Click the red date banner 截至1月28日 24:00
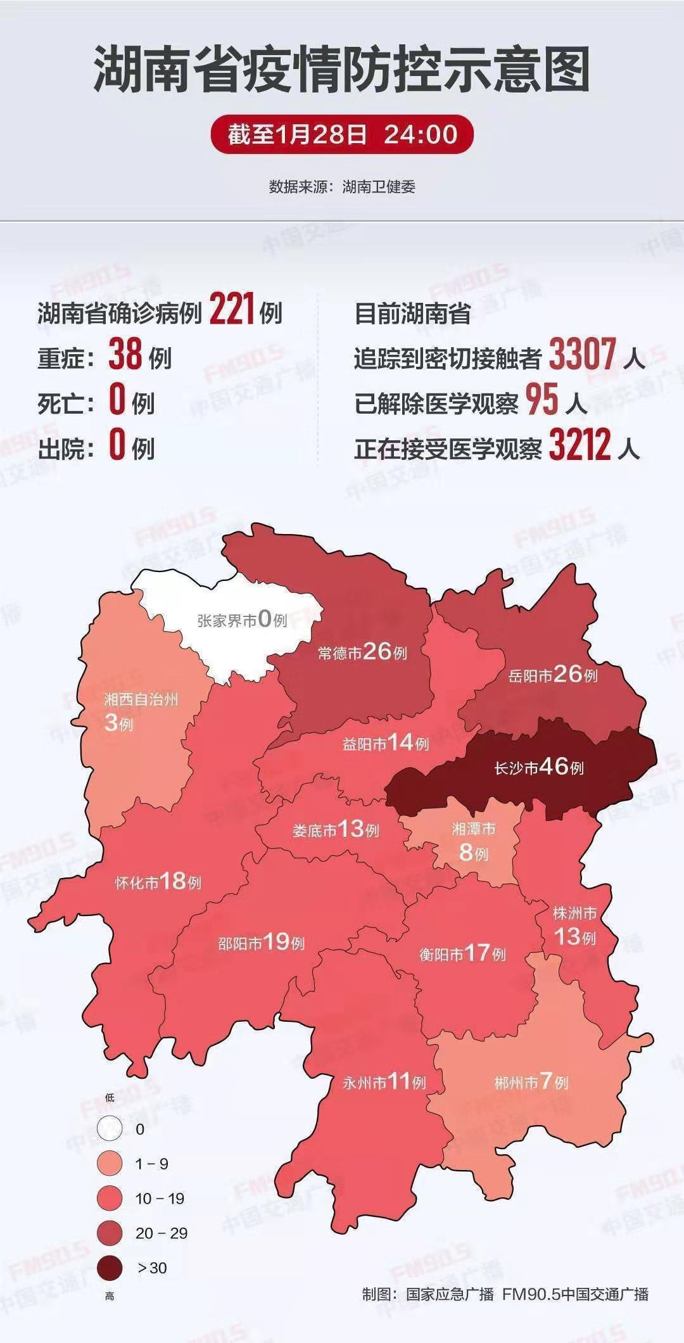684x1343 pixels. (x=342, y=134)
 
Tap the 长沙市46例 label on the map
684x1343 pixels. (x=539, y=767)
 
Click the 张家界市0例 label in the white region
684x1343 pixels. (x=243, y=619)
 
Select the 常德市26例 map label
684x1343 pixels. (x=362, y=652)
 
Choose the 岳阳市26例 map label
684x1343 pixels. (x=553, y=675)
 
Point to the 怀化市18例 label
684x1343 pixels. (x=158, y=882)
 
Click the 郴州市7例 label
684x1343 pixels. (x=531, y=1081)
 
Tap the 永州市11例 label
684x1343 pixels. (x=384, y=1081)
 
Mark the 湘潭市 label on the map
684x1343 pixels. (x=474, y=829)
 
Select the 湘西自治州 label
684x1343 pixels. (x=141, y=699)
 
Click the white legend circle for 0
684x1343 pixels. (x=110, y=1128)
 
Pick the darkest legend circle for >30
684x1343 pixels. (x=110, y=1268)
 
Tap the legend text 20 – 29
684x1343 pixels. (x=161, y=1233)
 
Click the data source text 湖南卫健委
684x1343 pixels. (x=379, y=187)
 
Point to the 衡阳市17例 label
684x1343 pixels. (x=462, y=953)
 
